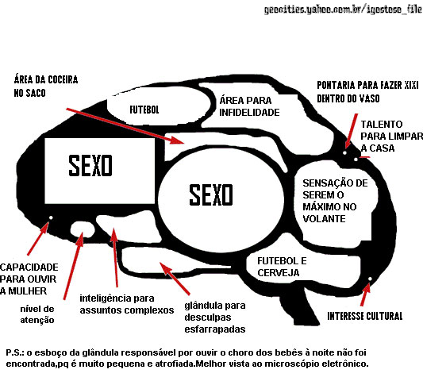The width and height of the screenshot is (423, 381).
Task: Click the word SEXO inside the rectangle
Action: pyautogui.click(x=90, y=166)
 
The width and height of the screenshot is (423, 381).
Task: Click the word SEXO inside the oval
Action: pyautogui.click(x=211, y=194)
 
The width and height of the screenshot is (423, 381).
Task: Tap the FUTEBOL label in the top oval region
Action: pyautogui.click(x=144, y=110)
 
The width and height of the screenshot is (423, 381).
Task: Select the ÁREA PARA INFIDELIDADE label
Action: pyautogui.click(x=249, y=106)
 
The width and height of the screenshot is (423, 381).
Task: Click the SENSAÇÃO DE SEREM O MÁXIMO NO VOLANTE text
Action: pyautogui.click(x=335, y=201)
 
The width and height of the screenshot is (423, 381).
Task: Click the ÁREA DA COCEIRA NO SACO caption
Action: pyautogui.click(x=46, y=87)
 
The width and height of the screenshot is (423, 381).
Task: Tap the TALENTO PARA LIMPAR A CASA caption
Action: pyautogui.click(x=392, y=137)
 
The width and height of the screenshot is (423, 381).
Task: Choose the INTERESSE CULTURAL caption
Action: pyautogui.click(x=365, y=316)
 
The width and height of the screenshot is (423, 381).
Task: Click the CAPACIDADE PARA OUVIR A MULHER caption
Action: pyautogui.click(x=29, y=279)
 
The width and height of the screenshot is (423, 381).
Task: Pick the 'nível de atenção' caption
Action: pyautogui.click(x=37, y=314)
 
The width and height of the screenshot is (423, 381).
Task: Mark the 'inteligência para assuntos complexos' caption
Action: pyautogui.click(x=127, y=304)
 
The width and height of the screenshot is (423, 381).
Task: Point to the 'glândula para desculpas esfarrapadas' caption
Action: pyautogui.click(x=215, y=317)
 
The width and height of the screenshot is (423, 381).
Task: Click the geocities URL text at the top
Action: pyautogui.click(x=343, y=10)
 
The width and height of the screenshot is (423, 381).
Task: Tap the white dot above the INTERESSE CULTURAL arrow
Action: pyautogui.click(x=370, y=279)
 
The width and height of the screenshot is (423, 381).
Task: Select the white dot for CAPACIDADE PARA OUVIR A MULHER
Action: pyautogui.click(x=51, y=217)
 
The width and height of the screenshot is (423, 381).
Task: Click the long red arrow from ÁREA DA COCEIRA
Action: pyautogui.click(x=125, y=126)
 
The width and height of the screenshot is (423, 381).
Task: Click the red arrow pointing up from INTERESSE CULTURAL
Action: pyautogui.click(x=365, y=294)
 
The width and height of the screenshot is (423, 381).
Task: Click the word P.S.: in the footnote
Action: pyautogui.click(x=15, y=352)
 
